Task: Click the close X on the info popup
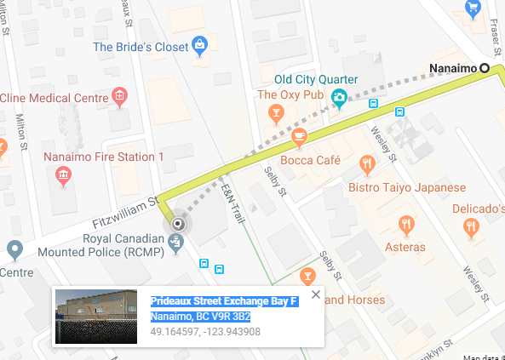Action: pyautogui.click(x=316, y=294)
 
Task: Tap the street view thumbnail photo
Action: pyautogui.click(x=96, y=316)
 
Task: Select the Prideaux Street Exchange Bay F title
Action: pyautogui.click(x=224, y=302)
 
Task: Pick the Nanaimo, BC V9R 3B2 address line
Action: pyautogui.click(x=200, y=317)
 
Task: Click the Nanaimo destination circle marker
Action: pyautogui.click(x=485, y=67)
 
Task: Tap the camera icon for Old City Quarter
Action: pyautogui.click(x=339, y=98)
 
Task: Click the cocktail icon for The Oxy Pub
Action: pyautogui.click(x=275, y=112)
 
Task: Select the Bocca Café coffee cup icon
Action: pyautogui.click(x=298, y=135)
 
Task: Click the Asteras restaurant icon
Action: pyautogui.click(x=406, y=225)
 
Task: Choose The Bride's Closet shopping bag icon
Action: pyautogui.click(x=199, y=43)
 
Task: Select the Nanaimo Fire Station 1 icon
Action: pyautogui.click(x=62, y=175)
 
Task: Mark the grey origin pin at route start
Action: pyautogui.click(x=177, y=224)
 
